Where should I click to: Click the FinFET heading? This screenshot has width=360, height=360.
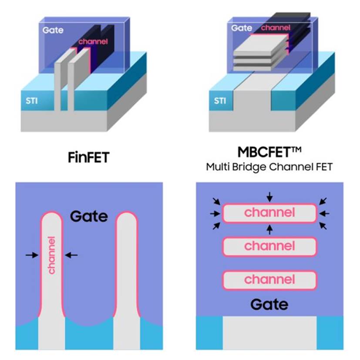tap(89, 157)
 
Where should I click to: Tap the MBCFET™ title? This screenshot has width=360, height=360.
tap(269, 152)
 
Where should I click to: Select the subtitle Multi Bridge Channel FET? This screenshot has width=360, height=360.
tap(269, 167)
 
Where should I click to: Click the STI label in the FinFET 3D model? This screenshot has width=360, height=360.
tap(32, 101)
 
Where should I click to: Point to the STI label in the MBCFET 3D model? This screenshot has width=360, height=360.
tap(220, 101)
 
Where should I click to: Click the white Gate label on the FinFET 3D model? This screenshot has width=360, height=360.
tap(53, 30)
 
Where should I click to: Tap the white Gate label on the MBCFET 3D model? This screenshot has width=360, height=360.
tap(242, 28)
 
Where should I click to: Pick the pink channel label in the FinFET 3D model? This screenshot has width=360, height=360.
tap(93, 41)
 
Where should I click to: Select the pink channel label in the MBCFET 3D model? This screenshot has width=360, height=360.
tap(276, 28)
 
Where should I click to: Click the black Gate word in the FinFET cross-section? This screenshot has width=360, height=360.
tap(89, 216)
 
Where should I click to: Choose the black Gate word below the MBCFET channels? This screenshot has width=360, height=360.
tap(269, 304)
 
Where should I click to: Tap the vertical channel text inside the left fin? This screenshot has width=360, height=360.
tap(52, 255)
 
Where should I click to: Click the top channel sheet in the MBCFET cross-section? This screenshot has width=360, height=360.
tap(269, 213)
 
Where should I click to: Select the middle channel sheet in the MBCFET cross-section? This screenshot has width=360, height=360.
tap(269, 246)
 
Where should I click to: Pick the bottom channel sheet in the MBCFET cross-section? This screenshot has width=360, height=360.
tap(269, 280)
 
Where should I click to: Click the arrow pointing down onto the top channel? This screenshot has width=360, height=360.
tap(270, 197)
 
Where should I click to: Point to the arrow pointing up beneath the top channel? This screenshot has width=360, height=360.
tap(270, 229)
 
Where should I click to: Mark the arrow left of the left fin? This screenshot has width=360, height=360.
tap(32, 255)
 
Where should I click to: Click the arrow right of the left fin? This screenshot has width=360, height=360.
tap(71, 255)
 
